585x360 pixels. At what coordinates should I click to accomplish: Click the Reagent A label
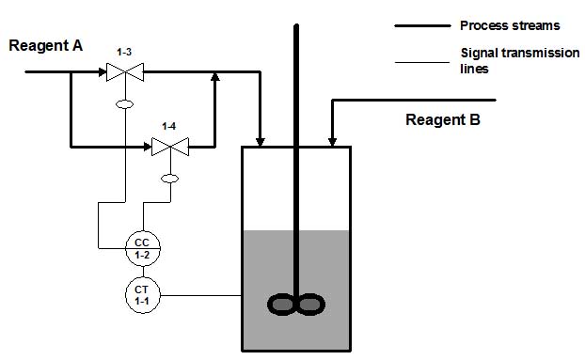[45, 46]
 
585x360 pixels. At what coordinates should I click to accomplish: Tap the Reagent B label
[443, 120]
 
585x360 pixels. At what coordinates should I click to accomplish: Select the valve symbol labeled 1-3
[125, 72]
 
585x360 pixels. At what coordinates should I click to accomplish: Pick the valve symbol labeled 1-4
[170, 147]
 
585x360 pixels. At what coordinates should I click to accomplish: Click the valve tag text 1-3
[124, 53]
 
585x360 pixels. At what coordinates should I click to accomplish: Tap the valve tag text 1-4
[169, 126]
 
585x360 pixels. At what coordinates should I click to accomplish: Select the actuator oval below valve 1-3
[124, 104]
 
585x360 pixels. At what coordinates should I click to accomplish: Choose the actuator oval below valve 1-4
[169, 179]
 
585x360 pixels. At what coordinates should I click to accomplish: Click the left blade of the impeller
[281, 305]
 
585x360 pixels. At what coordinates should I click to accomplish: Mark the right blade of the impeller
[310, 305]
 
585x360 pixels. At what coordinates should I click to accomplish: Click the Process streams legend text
[510, 25]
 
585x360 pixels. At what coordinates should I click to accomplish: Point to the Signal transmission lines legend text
[520, 60]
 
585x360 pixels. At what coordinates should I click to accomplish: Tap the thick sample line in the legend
[422, 25]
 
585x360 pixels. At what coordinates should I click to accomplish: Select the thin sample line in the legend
[422, 62]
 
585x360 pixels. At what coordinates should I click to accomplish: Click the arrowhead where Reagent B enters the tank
[332, 142]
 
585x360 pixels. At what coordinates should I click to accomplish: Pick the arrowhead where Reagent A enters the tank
[261, 142]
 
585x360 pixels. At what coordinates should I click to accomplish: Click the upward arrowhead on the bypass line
[214, 76]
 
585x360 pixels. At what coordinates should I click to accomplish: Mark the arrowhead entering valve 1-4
[148, 147]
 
